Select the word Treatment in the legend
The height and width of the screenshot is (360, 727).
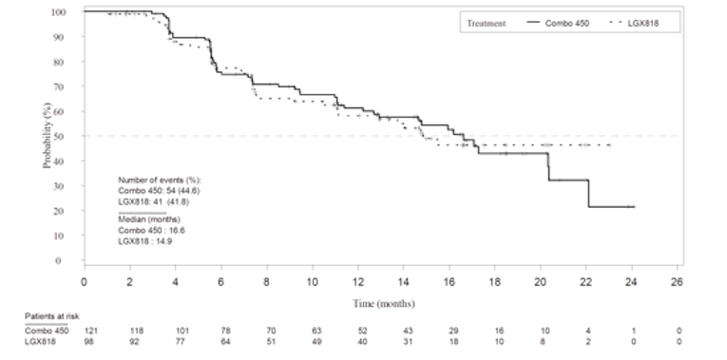pos(485,20)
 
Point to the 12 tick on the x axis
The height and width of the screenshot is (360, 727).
pos(358,281)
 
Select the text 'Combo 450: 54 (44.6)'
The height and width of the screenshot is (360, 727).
pos(159,190)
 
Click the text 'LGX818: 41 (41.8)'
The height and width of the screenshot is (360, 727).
pos(153,200)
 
